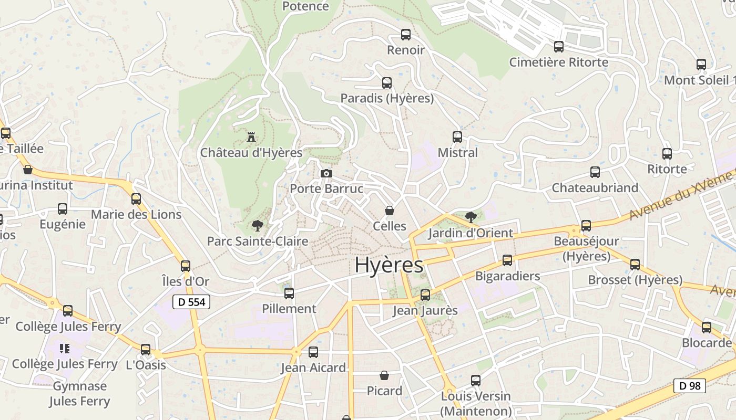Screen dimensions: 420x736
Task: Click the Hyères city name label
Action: click(x=389, y=265)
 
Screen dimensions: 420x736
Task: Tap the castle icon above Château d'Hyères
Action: click(x=251, y=138)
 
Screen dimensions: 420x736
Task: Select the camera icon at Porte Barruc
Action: click(x=326, y=173)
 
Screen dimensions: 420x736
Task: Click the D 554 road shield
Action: click(x=191, y=302)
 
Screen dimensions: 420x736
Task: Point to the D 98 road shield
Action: click(x=690, y=386)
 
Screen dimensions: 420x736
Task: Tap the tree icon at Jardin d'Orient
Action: click(x=471, y=217)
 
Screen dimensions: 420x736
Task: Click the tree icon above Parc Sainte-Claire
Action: click(x=257, y=226)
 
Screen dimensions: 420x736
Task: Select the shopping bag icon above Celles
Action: click(x=390, y=211)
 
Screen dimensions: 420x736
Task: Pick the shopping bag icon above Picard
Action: click(x=384, y=376)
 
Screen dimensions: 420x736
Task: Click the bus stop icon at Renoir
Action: click(x=406, y=35)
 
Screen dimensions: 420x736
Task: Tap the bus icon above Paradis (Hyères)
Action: click(x=387, y=83)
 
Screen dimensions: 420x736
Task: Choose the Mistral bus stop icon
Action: click(x=457, y=137)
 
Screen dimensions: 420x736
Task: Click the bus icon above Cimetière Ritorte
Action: click(x=559, y=47)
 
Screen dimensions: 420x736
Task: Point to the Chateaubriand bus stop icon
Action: click(x=595, y=172)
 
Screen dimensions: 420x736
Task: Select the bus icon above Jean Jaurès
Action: click(x=425, y=295)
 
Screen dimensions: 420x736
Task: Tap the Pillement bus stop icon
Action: click(x=289, y=293)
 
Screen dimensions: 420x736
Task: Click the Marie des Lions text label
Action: click(x=136, y=214)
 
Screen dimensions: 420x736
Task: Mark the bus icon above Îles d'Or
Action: click(x=186, y=266)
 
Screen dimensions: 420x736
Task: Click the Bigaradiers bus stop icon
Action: click(x=507, y=260)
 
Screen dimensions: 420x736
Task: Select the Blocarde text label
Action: click(x=707, y=343)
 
